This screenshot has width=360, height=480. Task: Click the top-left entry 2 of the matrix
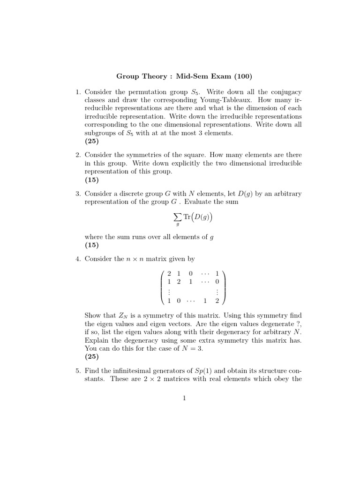169,273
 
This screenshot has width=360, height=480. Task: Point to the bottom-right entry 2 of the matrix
217,300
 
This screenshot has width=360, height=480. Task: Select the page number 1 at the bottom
185,398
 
